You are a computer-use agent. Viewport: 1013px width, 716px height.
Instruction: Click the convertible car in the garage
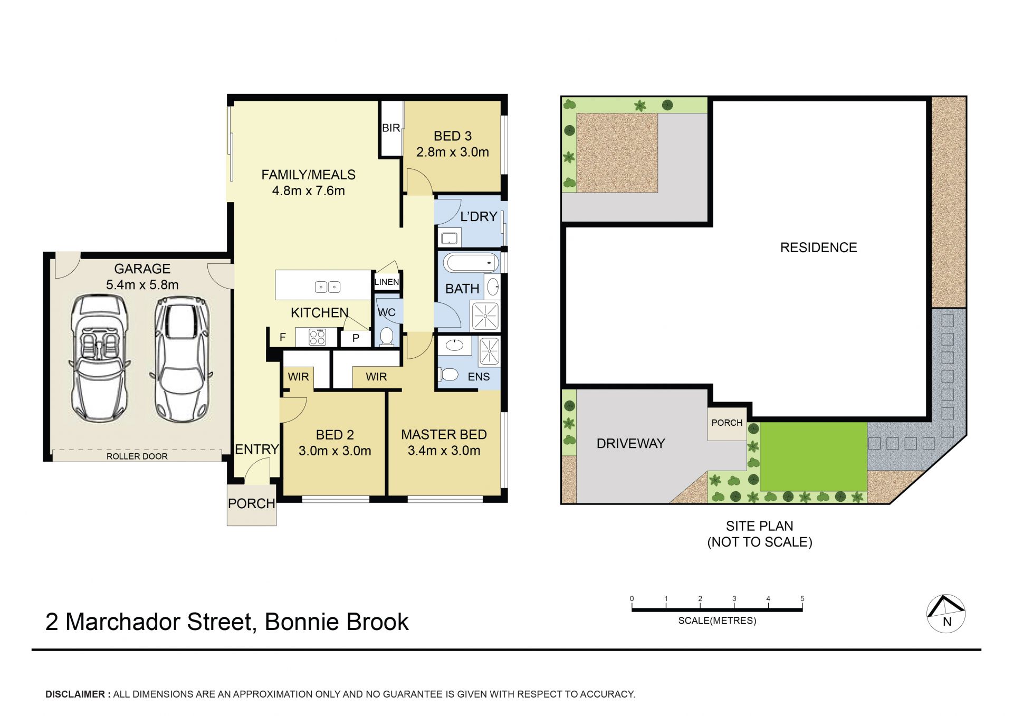click(x=99, y=358)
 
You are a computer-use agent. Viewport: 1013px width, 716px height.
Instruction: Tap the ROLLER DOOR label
click(x=137, y=456)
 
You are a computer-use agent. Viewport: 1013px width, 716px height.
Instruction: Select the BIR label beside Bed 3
click(x=391, y=128)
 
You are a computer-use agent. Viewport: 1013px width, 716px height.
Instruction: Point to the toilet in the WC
click(x=387, y=336)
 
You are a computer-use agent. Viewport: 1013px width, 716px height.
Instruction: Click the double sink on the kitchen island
click(x=328, y=287)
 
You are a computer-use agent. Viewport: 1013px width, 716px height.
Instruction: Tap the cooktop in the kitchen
click(x=317, y=337)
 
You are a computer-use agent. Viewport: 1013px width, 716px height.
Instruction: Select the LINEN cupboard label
click(x=387, y=282)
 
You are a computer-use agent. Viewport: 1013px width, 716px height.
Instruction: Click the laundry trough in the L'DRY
click(x=450, y=238)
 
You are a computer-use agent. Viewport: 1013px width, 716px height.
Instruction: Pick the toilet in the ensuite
click(x=448, y=375)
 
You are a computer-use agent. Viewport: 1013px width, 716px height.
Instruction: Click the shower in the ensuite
click(x=489, y=351)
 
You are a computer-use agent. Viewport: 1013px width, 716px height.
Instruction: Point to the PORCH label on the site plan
click(x=727, y=423)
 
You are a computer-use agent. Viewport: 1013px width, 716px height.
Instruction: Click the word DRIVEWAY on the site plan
click(x=630, y=444)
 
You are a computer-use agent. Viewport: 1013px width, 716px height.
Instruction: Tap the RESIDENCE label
click(x=818, y=247)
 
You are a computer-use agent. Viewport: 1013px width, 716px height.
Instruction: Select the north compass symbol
click(x=946, y=614)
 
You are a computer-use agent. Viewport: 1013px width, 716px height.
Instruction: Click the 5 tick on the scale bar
click(x=802, y=605)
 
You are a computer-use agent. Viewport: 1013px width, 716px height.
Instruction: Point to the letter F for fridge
click(x=283, y=337)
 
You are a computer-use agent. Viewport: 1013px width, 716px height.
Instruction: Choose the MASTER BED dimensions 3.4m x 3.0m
click(x=444, y=451)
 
